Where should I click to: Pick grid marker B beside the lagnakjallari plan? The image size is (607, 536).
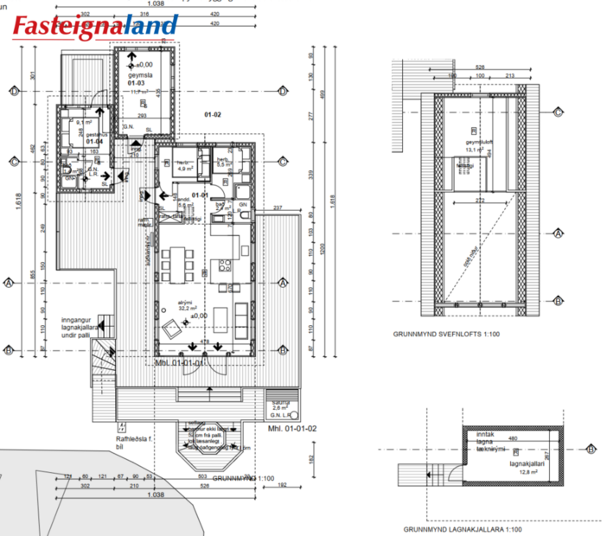[x=591, y=450]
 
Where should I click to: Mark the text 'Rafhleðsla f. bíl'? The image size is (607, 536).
[x=133, y=443]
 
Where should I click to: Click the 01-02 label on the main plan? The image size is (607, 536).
[x=213, y=114]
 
